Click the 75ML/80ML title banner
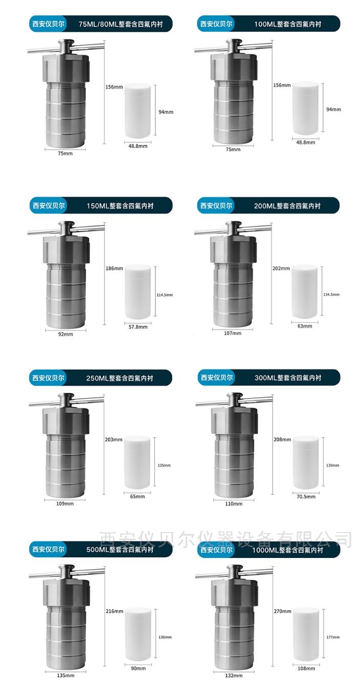click(101, 24)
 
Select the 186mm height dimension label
click(114, 269)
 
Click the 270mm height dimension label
click(282, 611)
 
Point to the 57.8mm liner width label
click(138, 327)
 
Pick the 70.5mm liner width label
click(306, 497)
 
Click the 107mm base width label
click(233, 333)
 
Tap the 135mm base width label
click(65, 676)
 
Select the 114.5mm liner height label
click(165, 295)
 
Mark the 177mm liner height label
click(333, 637)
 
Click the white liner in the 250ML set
click(138, 463)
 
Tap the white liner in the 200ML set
click(305, 292)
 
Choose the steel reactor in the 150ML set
click(66, 275)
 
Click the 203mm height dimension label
click(114, 440)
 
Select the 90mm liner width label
click(138, 668)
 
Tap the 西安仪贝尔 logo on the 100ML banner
click(216, 24)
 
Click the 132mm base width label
click(234, 676)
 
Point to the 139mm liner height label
click(332, 465)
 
